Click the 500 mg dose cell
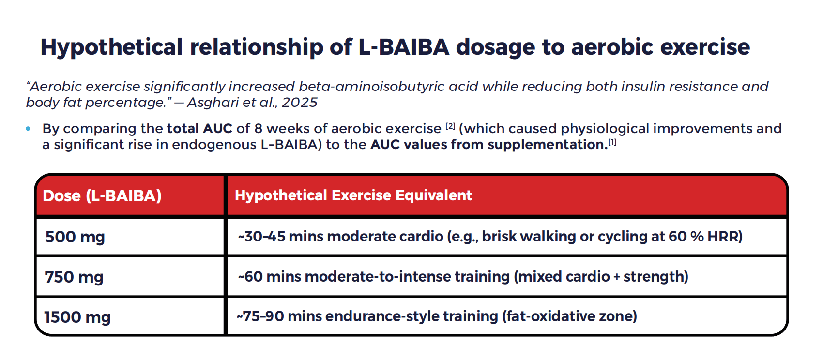click(75, 237)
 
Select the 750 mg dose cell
click(74, 277)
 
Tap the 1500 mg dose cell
click(77, 317)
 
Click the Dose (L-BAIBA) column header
click(102, 195)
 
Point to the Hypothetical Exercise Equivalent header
click(353, 195)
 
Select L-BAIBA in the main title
click(404, 47)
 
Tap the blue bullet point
click(28, 129)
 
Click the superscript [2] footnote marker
click(450, 126)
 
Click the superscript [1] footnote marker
click(612, 142)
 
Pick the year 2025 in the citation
click(300, 103)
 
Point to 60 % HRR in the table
click(705, 236)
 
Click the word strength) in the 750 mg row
click(655, 276)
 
